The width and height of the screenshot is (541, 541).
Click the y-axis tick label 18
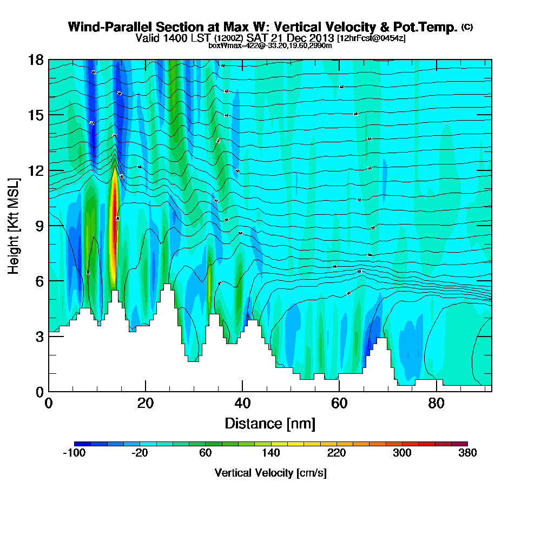coord(36,60)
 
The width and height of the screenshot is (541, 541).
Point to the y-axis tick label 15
coord(36,115)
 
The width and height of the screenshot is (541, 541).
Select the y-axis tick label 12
coord(36,170)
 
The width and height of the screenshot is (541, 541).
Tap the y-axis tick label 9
coord(39,226)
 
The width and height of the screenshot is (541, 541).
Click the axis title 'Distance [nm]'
coord(270,423)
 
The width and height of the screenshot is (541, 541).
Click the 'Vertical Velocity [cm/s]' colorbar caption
coord(270,473)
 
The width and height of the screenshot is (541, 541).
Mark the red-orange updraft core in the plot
coord(114,227)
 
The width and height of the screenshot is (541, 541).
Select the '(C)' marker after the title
coord(467,27)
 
